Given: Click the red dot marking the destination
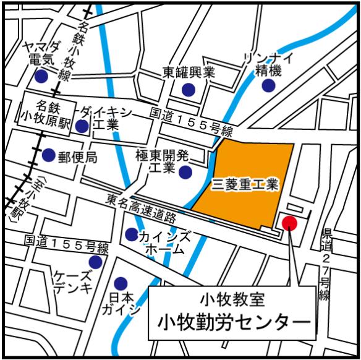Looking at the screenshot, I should (x=289, y=223).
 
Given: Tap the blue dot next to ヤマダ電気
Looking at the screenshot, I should (x=41, y=78).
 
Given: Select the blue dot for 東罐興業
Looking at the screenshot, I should (x=188, y=90).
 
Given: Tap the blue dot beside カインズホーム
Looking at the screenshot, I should (x=131, y=234).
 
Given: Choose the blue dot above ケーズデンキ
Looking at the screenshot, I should (x=95, y=262).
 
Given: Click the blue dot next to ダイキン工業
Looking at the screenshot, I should (x=82, y=127).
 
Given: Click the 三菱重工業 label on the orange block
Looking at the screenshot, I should (x=246, y=184).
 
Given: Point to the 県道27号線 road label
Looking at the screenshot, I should (x=326, y=263).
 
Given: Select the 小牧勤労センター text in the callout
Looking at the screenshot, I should (x=233, y=322).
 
